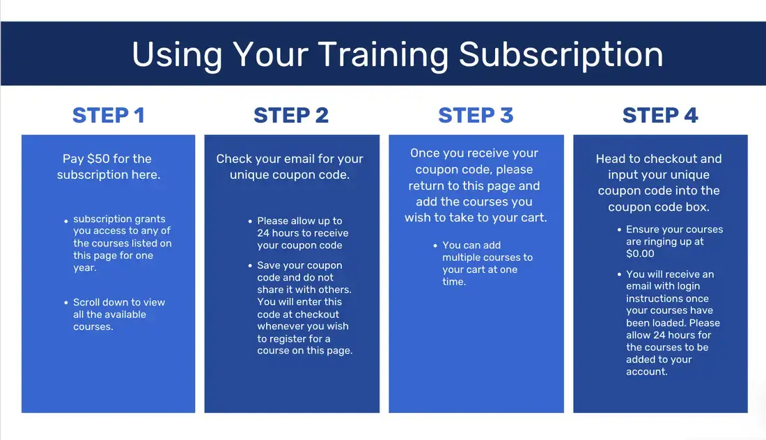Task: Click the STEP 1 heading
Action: (x=109, y=115)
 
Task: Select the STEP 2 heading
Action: (x=291, y=115)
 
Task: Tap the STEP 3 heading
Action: (x=476, y=115)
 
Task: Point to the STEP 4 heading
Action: (x=660, y=115)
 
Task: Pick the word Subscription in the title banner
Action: (x=561, y=54)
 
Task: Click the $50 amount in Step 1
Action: (x=102, y=159)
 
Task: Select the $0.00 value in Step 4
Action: (x=641, y=254)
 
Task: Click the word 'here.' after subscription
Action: (x=145, y=175)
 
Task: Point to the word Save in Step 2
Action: (x=270, y=265)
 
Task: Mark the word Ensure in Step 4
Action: (x=644, y=230)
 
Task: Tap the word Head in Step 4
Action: (x=611, y=159)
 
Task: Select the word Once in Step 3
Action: (x=425, y=153)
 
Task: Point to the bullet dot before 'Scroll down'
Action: (x=65, y=303)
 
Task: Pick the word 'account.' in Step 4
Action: (x=647, y=372)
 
